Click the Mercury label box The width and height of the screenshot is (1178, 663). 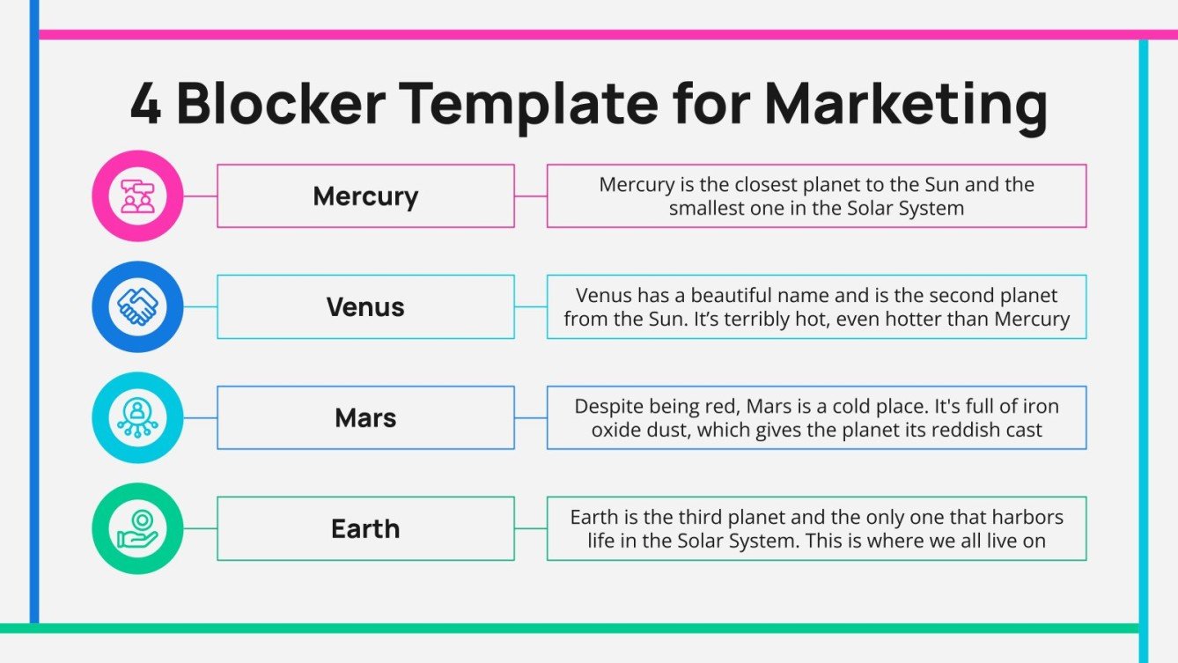click(365, 195)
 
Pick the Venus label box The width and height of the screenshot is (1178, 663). click(365, 306)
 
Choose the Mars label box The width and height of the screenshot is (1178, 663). click(365, 417)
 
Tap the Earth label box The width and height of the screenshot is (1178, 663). click(365, 528)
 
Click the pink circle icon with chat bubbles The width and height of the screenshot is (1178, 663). click(137, 195)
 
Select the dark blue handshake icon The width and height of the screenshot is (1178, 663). click(137, 306)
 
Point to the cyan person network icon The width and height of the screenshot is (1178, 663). click(137, 417)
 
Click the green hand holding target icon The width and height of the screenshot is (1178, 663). click(137, 528)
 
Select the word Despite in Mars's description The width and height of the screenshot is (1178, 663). click(607, 407)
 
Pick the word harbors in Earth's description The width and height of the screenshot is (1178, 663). click(1023, 518)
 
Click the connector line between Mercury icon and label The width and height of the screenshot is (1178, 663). click(200, 195)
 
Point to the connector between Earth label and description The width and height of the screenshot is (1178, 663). click(530, 528)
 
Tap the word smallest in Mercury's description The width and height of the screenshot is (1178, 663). click(708, 209)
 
